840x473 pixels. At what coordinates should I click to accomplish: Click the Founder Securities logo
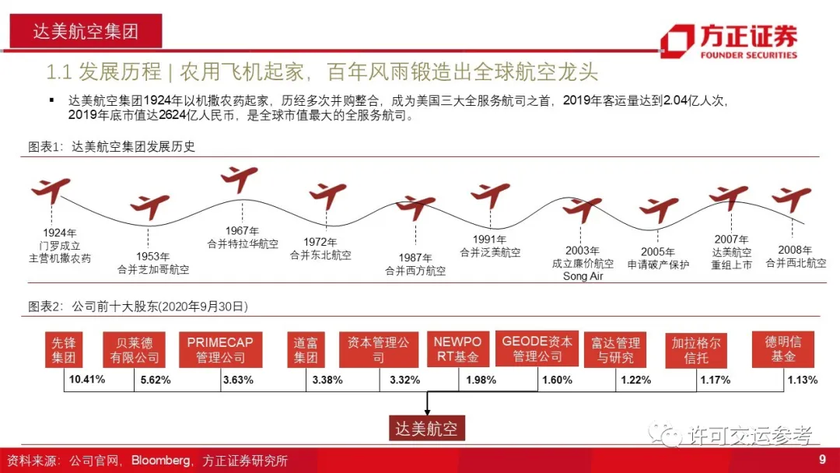point(728,41)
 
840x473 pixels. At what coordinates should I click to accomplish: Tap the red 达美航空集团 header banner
point(86,31)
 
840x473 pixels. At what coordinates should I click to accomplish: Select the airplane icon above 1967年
point(239,179)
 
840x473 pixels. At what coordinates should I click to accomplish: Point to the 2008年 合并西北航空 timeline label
point(795,257)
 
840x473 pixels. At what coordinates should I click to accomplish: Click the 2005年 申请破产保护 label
point(658,258)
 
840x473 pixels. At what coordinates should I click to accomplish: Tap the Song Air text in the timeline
point(583,276)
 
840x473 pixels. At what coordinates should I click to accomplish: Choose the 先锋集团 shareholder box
point(63,349)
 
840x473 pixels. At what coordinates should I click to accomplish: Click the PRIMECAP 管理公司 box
point(225,349)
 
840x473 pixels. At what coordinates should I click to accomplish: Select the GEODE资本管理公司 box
point(537,349)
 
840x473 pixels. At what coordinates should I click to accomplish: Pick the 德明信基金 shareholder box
point(782,349)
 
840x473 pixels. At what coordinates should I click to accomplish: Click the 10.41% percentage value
point(87,380)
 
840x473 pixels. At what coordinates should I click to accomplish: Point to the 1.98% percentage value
point(481,380)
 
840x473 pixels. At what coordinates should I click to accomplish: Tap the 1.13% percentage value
point(802,380)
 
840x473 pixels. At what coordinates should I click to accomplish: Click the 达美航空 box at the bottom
point(425,429)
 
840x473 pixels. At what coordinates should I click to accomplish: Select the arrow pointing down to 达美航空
point(425,404)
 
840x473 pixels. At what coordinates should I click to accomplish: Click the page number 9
point(822,461)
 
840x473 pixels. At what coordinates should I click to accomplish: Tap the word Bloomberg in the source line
point(160,461)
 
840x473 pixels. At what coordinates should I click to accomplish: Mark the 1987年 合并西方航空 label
point(415,265)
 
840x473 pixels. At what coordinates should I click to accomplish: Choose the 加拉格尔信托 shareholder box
point(696,351)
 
